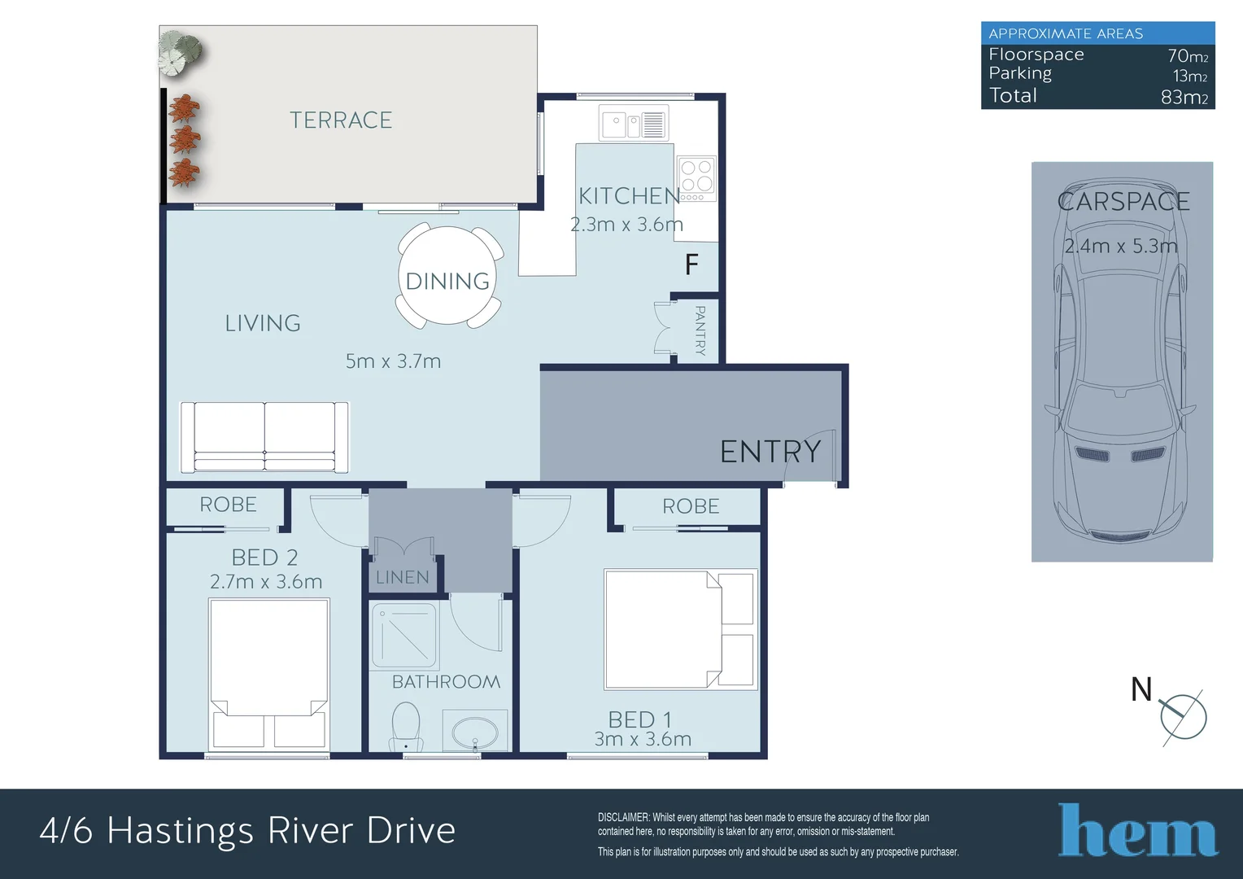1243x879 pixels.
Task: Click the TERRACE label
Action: [341, 120]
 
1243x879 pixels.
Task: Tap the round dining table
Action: [447, 276]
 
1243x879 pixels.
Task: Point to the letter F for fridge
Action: [691, 265]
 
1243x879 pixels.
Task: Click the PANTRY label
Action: [700, 330]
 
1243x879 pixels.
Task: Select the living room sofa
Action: [264, 438]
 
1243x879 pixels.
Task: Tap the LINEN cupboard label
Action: [403, 578]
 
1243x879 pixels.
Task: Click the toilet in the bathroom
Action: [406, 726]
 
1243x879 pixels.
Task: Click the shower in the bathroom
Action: [404, 636]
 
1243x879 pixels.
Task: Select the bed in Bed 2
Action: [269, 674]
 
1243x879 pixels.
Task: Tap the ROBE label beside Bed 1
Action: [691, 506]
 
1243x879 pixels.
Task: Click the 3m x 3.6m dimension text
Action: [643, 739]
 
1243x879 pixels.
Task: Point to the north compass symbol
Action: [1183, 717]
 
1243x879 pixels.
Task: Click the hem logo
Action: [1138, 830]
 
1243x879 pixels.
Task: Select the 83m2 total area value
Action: [1184, 97]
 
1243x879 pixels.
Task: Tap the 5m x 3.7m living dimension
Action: [394, 361]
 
